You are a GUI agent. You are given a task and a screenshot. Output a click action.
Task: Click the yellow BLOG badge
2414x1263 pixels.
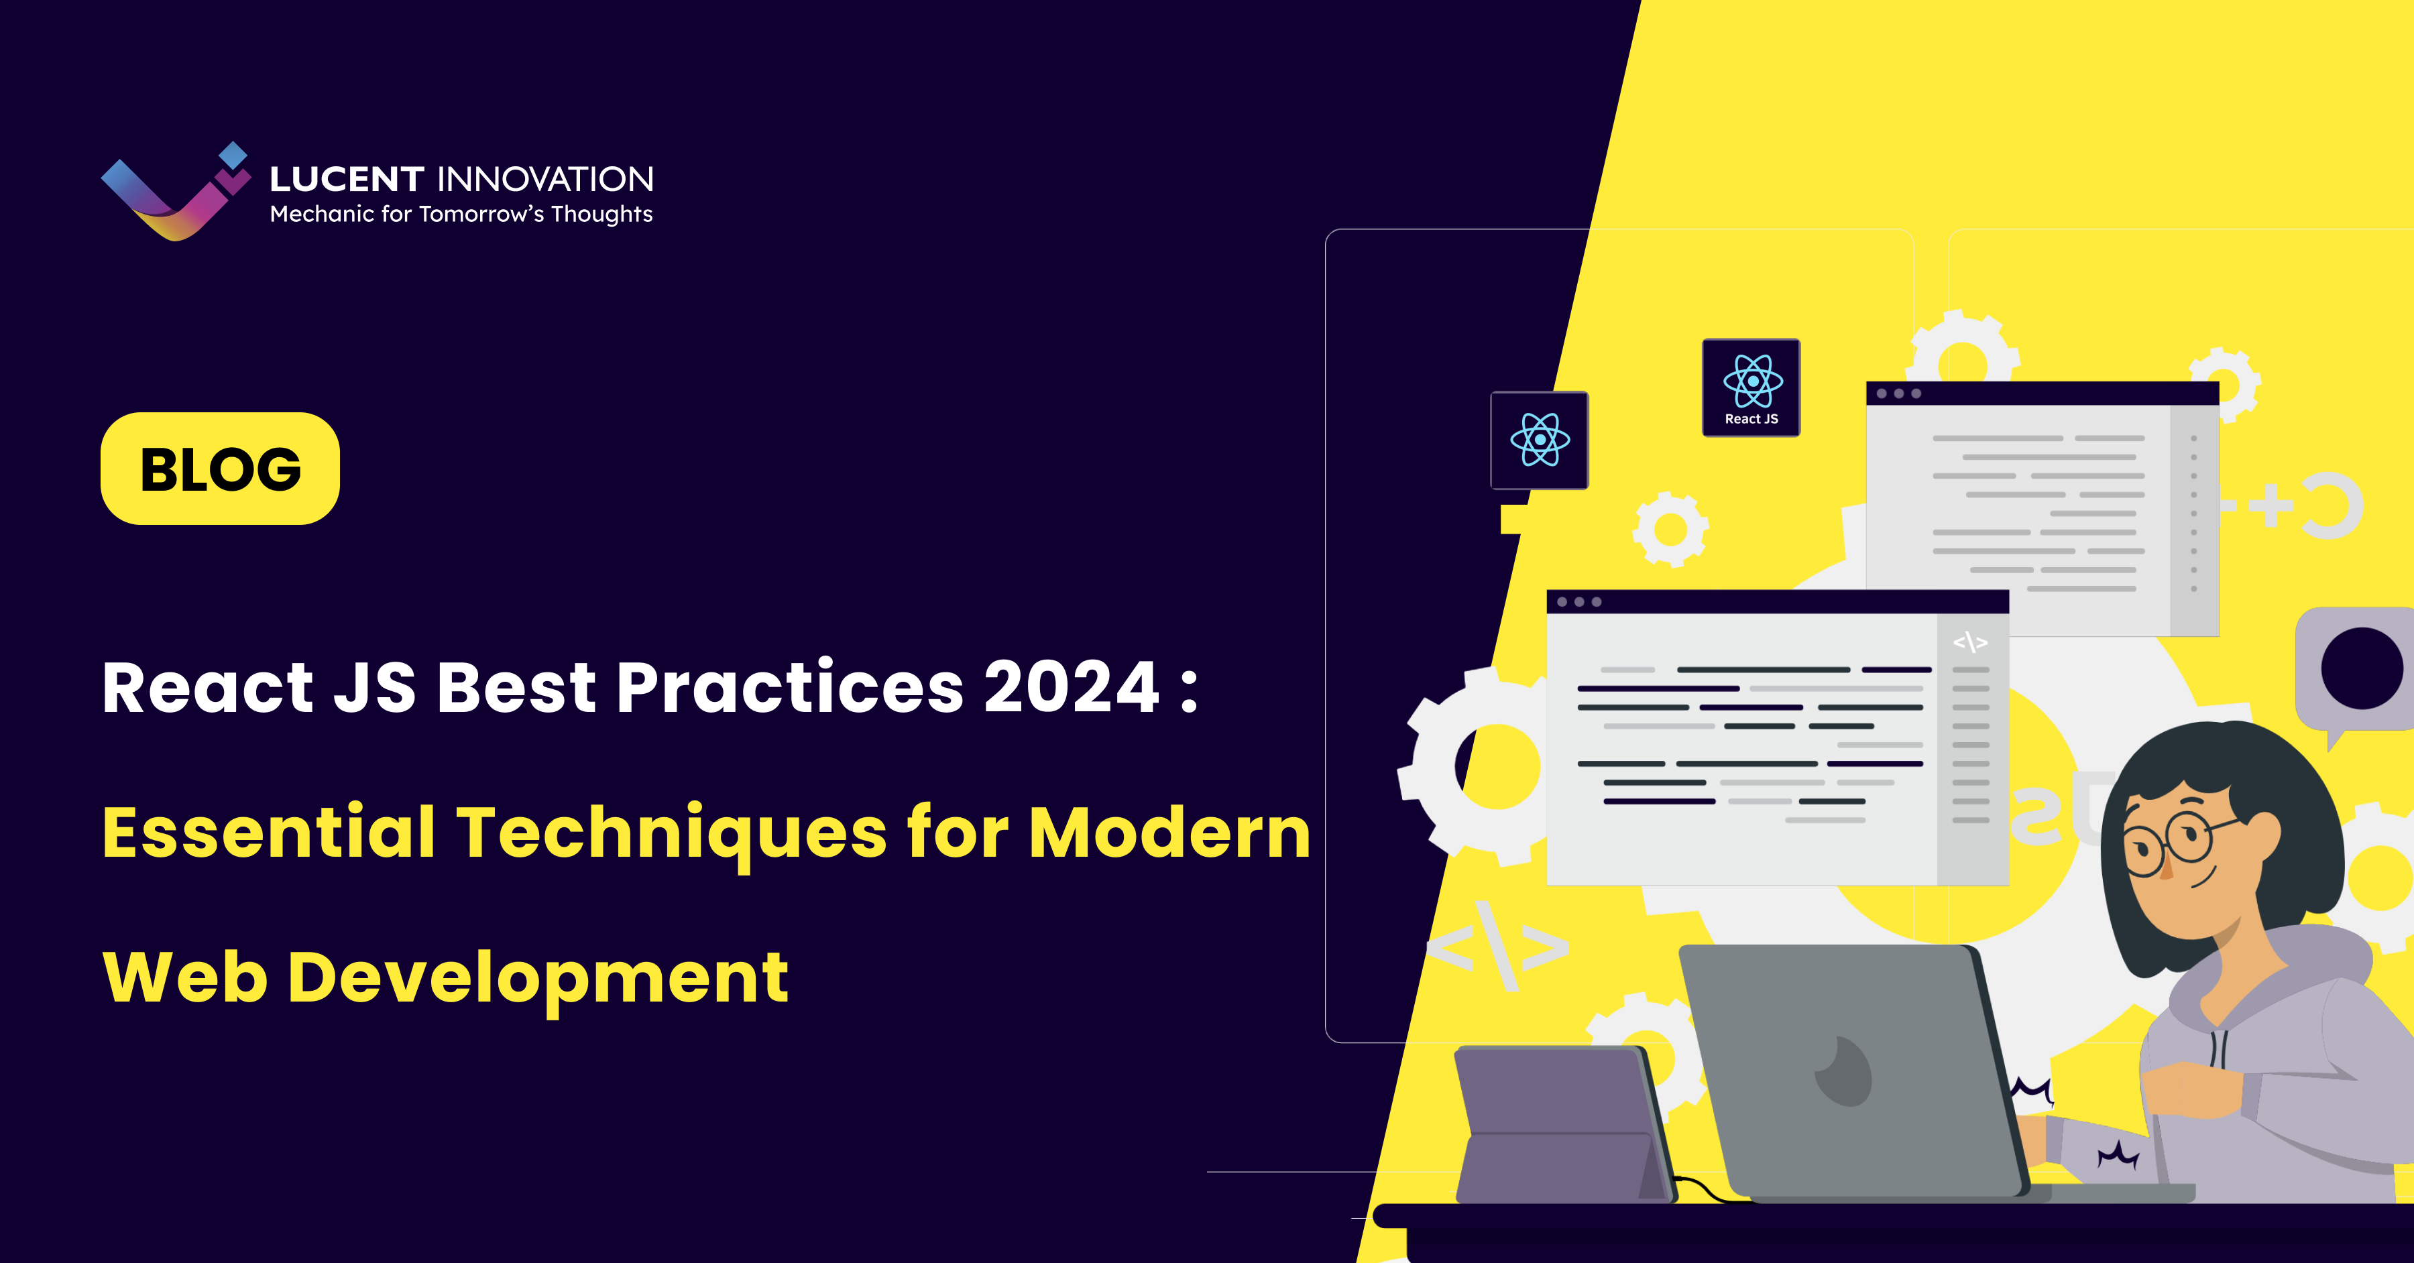point(220,469)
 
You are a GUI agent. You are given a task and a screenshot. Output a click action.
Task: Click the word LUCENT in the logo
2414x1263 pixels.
point(347,179)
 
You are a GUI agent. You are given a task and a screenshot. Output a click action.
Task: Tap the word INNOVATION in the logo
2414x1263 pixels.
point(545,179)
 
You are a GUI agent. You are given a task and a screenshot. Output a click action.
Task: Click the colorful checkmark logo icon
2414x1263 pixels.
point(174,194)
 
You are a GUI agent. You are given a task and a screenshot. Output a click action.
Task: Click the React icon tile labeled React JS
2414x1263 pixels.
point(1751,387)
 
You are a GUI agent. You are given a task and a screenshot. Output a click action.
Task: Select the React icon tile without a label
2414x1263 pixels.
point(1539,439)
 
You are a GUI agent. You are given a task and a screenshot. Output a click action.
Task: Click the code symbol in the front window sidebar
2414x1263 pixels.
point(1970,642)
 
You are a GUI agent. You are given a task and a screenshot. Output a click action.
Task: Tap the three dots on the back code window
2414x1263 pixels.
point(1898,394)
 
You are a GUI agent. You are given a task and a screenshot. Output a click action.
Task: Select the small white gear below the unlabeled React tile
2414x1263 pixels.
point(1670,530)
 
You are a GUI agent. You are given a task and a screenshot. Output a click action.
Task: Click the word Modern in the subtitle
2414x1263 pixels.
point(1169,832)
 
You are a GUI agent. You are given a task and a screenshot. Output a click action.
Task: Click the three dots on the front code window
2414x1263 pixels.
point(1579,601)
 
